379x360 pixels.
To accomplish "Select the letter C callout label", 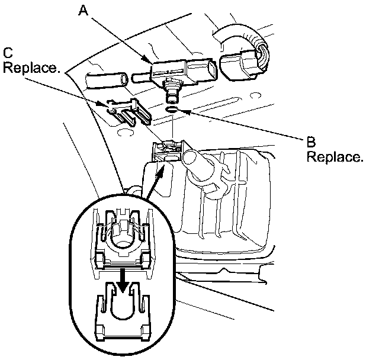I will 8,52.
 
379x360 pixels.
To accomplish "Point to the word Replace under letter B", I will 335,157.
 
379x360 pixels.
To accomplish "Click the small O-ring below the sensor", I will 171,109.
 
